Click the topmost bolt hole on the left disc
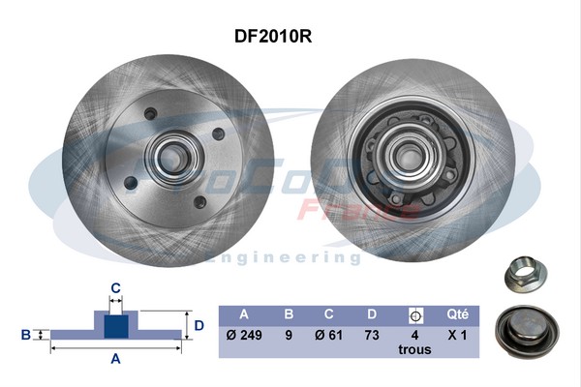coord(150,114)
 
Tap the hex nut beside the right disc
coord(527,275)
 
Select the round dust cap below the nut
coord(526,328)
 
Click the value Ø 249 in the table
coord(244,335)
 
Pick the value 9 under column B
coord(288,335)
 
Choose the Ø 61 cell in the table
coord(329,335)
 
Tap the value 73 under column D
coord(372,335)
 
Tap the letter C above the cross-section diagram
coord(115,287)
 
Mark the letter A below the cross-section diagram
coord(115,359)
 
